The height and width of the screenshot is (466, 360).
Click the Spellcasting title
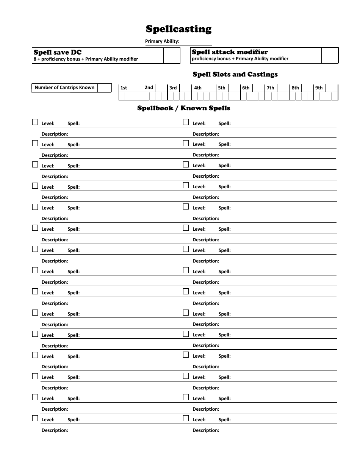tap(178, 29)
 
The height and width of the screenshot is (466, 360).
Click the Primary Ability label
tap(162, 41)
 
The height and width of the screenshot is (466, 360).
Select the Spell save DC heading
tap(58, 52)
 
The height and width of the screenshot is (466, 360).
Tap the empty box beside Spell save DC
tap(172, 55)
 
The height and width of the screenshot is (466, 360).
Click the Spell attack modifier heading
tap(230, 52)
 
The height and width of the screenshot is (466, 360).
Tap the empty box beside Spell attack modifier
tap(329, 55)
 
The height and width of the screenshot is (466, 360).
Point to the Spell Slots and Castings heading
tap(235, 74)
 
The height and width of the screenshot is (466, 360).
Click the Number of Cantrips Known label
tap(64, 88)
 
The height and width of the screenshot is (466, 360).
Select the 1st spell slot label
tap(124, 88)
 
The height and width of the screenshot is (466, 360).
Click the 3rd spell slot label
tap(173, 88)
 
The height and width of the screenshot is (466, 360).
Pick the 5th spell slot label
tap(222, 88)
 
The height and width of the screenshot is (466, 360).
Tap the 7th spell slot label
tap(270, 88)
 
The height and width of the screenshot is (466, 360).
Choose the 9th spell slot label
tap(319, 88)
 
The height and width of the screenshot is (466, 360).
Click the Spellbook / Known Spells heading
tap(183, 108)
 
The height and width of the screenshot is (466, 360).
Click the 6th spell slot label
tap(246, 88)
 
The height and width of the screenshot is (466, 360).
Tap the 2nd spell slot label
tap(149, 88)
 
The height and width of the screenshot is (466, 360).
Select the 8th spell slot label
tap(295, 88)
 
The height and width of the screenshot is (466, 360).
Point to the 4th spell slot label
tap(198, 88)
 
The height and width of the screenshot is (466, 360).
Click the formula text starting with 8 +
tap(86, 59)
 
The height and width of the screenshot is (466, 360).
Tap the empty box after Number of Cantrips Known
tap(105, 88)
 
